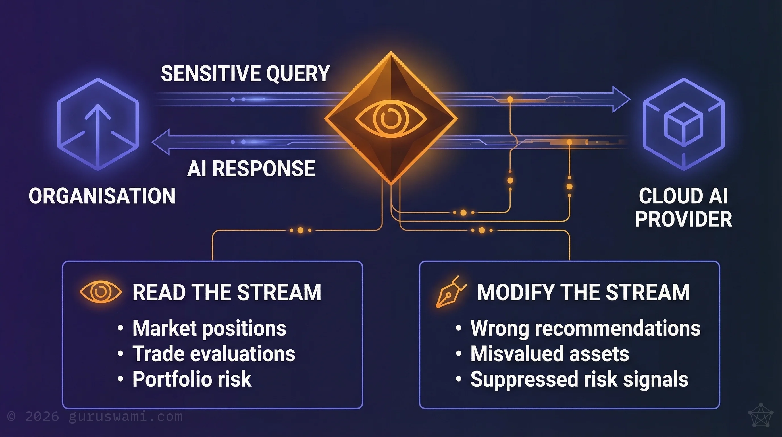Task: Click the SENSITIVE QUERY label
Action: [245, 74]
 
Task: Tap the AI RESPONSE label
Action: [251, 169]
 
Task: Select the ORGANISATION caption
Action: [102, 196]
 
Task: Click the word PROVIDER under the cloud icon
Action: [683, 219]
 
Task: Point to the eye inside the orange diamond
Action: [391, 119]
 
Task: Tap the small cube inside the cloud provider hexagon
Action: [684, 124]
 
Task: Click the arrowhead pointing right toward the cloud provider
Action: [621, 99]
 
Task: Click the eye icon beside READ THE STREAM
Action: [101, 292]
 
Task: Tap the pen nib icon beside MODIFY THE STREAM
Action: [450, 292]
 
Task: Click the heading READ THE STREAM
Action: [227, 292]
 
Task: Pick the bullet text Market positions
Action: [209, 329]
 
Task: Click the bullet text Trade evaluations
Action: [214, 354]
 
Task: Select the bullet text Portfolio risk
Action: [192, 379]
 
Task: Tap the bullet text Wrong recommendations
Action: [585, 329]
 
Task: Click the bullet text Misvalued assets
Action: [550, 354]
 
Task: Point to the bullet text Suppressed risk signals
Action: [579, 379]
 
